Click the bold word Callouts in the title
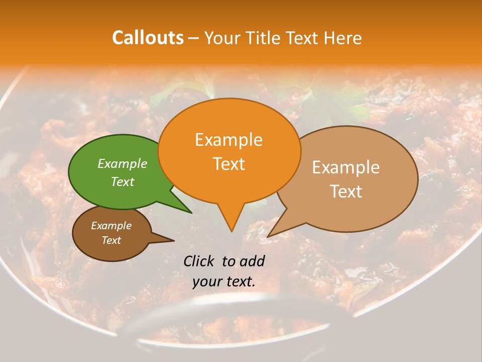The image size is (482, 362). pyautogui.click(x=148, y=38)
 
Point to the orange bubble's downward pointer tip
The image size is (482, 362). pyautogui.click(x=231, y=231)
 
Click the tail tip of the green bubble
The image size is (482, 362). pyautogui.click(x=191, y=213)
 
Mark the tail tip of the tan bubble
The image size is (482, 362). pyautogui.click(x=268, y=236)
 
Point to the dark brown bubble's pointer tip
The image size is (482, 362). pyautogui.click(x=174, y=241)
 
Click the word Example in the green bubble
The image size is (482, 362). pyautogui.click(x=123, y=163)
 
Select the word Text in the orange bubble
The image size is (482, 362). pyautogui.click(x=229, y=164)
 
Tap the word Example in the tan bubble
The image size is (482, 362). pyautogui.click(x=346, y=167)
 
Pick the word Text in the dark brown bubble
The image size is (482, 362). pyautogui.click(x=111, y=240)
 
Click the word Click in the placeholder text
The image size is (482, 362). pyautogui.click(x=200, y=261)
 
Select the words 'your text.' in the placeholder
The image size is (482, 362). pyautogui.click(x=224, y=282)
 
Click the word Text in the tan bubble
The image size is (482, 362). pyautogui.click(x=346, y=191)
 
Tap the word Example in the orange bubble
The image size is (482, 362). pyautogui.click(x=229, y=140)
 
